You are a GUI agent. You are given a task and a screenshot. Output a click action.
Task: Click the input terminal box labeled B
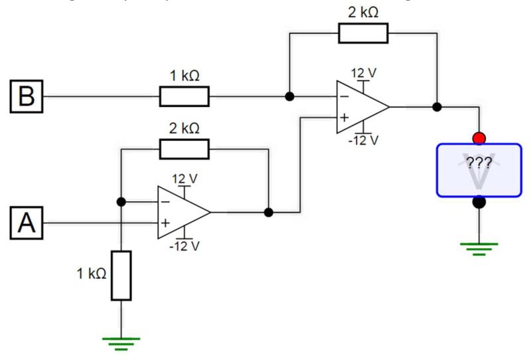pyautogui.click(x=27, y=96)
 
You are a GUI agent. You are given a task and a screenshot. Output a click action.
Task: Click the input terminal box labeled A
pyautogui.click(x=27, y=223)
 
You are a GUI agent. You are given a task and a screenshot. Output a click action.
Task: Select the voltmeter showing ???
pyautogui.click(x=479, y=169)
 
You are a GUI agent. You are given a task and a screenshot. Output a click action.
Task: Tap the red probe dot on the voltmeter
pyautogui.click(x=479, y=138)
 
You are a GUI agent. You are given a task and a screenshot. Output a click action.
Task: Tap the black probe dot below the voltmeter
pyautogui.click(x=479, y=201)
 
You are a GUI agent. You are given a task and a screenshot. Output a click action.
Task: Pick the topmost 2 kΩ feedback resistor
pyautogui.click(x=363, y=33)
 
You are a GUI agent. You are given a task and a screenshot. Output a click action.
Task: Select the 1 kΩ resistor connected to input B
pyautogui.click(x=184, y=96)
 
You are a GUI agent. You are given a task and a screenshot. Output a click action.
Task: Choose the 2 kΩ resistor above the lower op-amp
pyautogui.click(x=184, y=149)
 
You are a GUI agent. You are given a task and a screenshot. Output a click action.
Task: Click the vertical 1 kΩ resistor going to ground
pyautogui.click(x=121, y=275)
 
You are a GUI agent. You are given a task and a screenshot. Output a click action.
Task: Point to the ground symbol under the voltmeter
pyautogui.click(x=479, y=248)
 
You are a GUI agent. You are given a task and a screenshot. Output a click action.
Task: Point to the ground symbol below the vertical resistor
pyautogui.click(x=121, y=342)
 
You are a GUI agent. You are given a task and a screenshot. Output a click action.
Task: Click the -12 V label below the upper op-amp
pyautogui.click(x=364, y=140)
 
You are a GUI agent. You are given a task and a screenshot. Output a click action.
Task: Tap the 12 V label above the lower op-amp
pyautogui.click(x=185, y=179)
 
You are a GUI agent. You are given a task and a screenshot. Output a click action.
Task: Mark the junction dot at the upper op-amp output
pyautogui.click(x=437, y=106)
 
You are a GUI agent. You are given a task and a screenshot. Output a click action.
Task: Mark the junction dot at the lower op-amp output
pyautogui.click(x=268, y=213)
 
